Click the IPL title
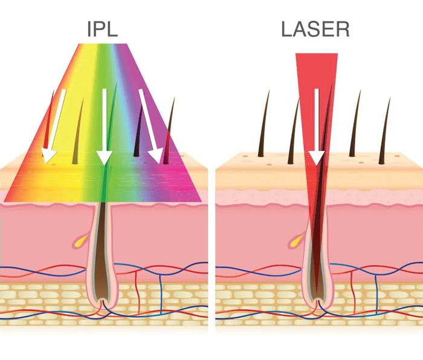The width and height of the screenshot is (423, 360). (x=104, y=29)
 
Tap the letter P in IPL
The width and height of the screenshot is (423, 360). (x=102, y=29)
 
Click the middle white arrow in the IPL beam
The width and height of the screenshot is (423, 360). (x=105, y=127)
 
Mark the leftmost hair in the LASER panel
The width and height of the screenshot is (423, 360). (x=264, y=127)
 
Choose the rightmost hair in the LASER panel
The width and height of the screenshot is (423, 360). (x=384, y=130)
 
